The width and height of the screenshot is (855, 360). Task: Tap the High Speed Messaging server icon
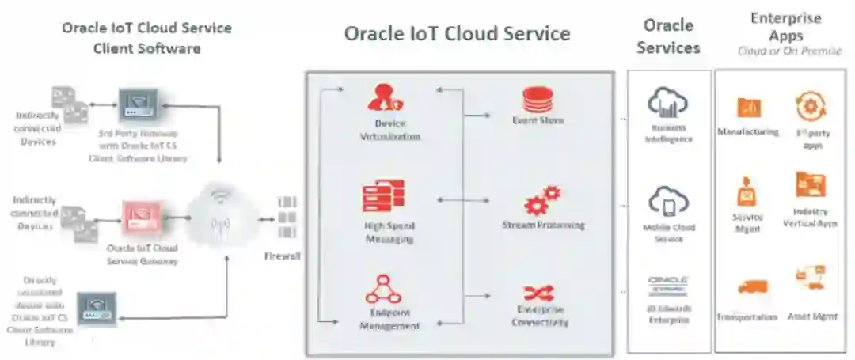[x=384, y=197]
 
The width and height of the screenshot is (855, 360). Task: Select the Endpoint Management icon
[x=383, y=290]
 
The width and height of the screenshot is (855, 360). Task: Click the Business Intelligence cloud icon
[x=667, y=102]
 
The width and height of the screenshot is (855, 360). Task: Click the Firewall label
[x=283, y=256]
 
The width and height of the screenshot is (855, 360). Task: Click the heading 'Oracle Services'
[x=668, y=36]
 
